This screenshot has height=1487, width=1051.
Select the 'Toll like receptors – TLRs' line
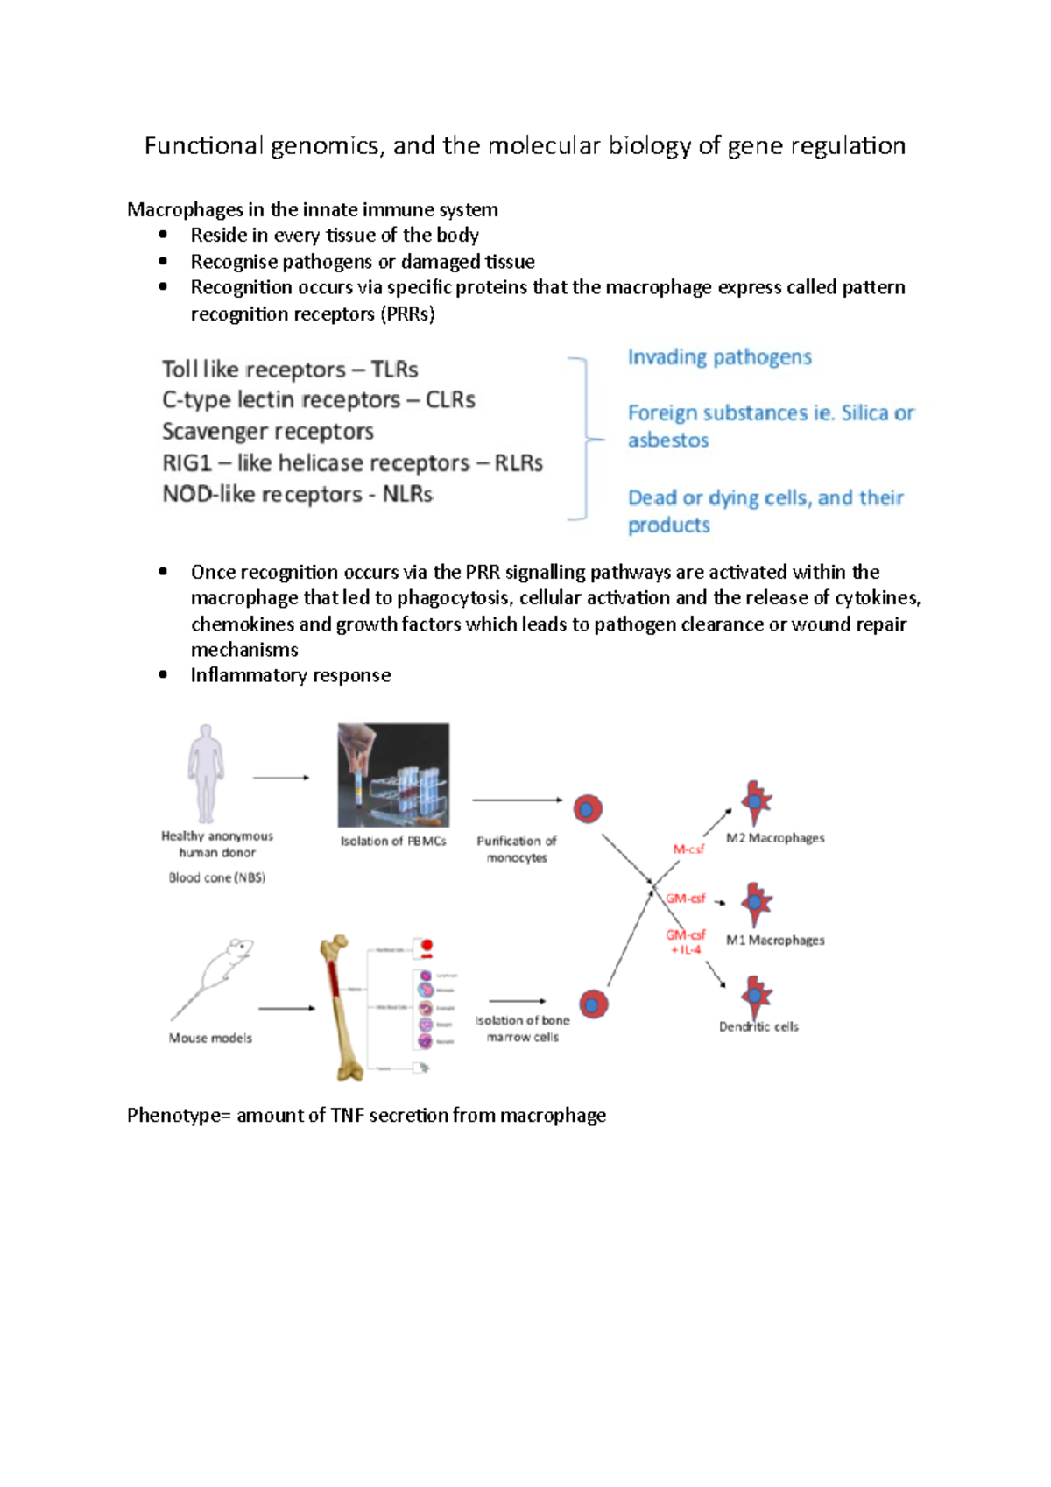[x=290, y=370]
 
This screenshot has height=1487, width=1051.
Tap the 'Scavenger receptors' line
[x=267, y=432]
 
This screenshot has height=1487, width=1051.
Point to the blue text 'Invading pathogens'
[x=719, y=357]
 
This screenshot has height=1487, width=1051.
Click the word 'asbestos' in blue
[x=667, y=440]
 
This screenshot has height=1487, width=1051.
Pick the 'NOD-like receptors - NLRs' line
[x=297, y=495]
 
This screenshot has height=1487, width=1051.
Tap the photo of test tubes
[x=393, y=775]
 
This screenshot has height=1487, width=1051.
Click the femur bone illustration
[x=342, y=1007]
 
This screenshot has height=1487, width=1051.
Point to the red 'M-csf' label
[x=688, y=849]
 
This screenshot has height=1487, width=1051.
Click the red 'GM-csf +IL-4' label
[x=685, y=942]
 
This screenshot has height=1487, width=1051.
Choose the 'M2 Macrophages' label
[x=775, y=838]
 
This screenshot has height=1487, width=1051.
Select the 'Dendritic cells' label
[x=758, y=1027]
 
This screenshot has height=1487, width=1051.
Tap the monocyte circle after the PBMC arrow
[x=588, y=808]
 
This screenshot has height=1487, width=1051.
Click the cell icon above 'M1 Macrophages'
[x=756, y=903]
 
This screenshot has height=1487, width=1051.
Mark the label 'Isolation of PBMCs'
[x=393, y=842]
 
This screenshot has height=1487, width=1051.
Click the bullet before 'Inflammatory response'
[x=163, y=675]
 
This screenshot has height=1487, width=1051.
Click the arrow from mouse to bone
[x=286, y=1009]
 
